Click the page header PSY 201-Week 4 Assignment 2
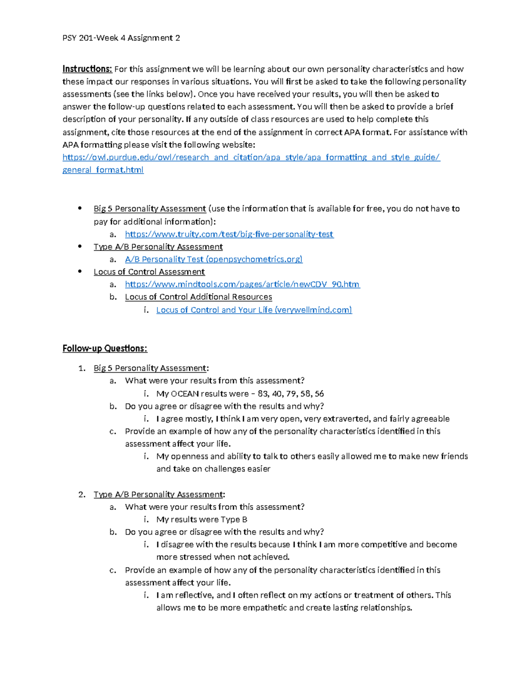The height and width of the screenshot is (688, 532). coord(121,38)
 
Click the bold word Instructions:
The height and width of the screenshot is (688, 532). coord(87,69)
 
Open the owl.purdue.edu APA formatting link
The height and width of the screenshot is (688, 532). coord(251,157)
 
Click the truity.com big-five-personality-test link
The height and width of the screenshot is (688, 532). coord(229,234)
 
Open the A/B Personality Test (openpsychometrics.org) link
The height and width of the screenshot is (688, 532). coord(214,259)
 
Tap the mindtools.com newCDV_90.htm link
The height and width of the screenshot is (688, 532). coord(242,284)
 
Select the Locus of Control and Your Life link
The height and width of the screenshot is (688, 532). coord(254,310)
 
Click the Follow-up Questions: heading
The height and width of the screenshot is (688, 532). coord(105,349)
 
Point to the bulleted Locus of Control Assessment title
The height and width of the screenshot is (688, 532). coord(149,272)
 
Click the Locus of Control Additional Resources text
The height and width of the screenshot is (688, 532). coord(198,297)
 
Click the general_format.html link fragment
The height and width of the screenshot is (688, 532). coord(103,170)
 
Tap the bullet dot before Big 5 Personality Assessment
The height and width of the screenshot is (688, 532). coord(80,208)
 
